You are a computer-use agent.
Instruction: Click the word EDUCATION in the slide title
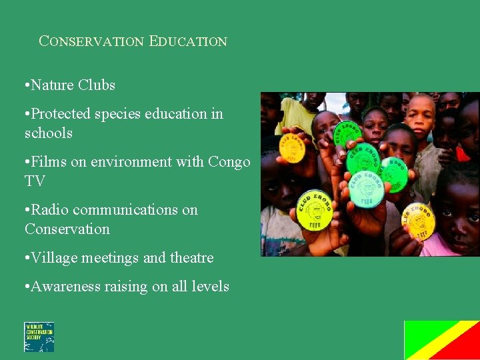[x=188, y=41]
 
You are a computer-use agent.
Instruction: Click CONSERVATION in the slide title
[x=91, y=41]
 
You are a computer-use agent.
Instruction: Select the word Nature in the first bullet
[x=53, y=85]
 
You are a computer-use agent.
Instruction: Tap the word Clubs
[x=97, y=85]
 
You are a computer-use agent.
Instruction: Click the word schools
[x=48, y=133]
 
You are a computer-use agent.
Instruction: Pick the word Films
[x=49, y=162]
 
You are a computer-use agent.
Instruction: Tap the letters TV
[x=34, y=181]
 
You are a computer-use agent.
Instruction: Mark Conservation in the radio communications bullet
[x=67, y=229]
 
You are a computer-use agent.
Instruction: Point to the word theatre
[x=191, y=258]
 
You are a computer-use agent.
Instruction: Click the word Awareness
[x=68, y=287]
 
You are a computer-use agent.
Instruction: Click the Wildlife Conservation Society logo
[x=39, y=337]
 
